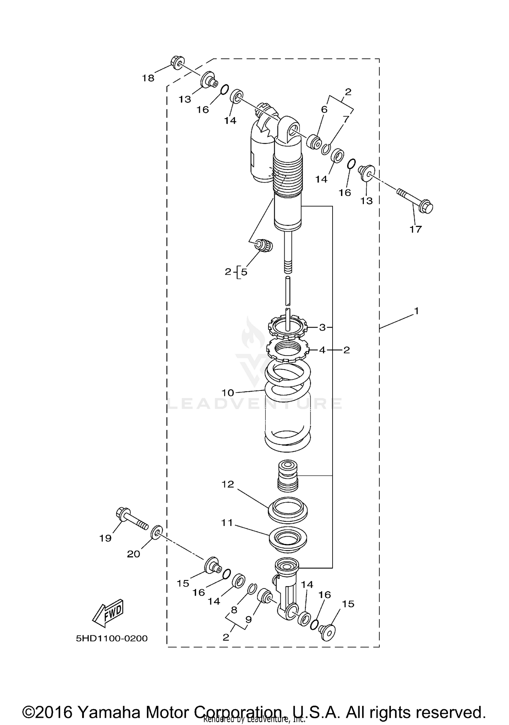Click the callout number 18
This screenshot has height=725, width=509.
tap(148, 78)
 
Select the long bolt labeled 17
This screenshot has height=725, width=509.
tap(415, 200)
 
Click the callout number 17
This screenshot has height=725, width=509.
tap(415, 230)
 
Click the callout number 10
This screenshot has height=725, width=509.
tap(228, 393)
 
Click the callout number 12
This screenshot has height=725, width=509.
tap(228, 484)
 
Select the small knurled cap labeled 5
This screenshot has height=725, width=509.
tap(265, 246)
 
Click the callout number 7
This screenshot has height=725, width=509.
tap(346, 120)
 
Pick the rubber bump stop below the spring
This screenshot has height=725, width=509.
tap(288, 475)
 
